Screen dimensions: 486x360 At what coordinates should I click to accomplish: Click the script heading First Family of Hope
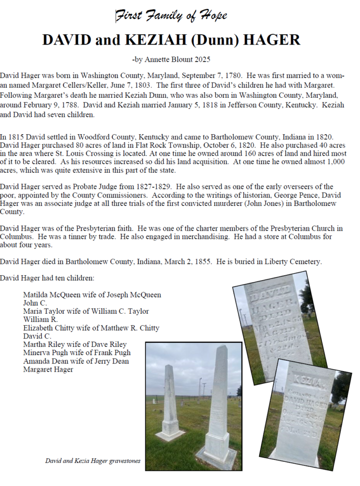click(x=171, y=16)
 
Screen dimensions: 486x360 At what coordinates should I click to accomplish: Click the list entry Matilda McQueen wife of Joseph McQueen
click(x=92, y=295)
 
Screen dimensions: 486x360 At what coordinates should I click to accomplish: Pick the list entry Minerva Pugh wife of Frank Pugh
click(x=76, y=353)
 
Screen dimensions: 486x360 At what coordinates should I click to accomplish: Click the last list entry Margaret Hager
click(x=48, y=369)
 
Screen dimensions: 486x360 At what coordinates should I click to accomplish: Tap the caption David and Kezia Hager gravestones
click(x=93, y=460)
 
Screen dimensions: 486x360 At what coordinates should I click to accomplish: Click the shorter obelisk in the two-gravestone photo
click(x=170, y=403)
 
